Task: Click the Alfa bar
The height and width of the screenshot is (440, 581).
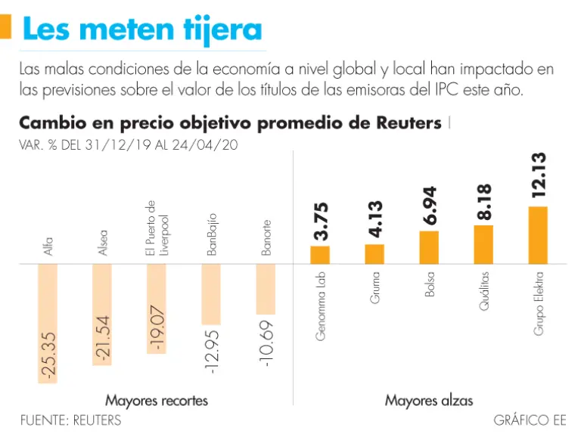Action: pos(48,324)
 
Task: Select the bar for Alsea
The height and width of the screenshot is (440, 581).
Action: pos(102,315)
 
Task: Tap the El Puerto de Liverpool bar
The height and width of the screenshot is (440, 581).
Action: pos(157,308)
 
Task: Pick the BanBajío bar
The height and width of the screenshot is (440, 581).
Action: pos(211,294)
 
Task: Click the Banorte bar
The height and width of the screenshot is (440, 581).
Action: pos(266,289)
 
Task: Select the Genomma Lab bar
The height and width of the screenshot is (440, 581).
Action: pos(320,255)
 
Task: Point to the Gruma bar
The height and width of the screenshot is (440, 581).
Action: pos(374,254)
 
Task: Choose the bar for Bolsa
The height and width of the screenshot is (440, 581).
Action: pos(429,247)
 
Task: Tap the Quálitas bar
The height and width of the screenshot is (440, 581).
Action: pos(483,244)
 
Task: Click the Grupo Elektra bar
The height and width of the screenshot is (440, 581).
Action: pos(538,235)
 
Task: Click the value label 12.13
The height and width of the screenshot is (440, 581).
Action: pos(538,175)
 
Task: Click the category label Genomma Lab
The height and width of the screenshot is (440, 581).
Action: pos(321,307)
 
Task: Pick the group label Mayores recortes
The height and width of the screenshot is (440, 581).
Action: pos(157,400)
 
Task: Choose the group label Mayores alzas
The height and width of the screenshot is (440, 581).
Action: pos(428,400)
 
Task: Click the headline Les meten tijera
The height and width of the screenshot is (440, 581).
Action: pos(142,30)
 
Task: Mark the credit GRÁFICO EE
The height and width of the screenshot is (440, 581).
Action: pos(529,420)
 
